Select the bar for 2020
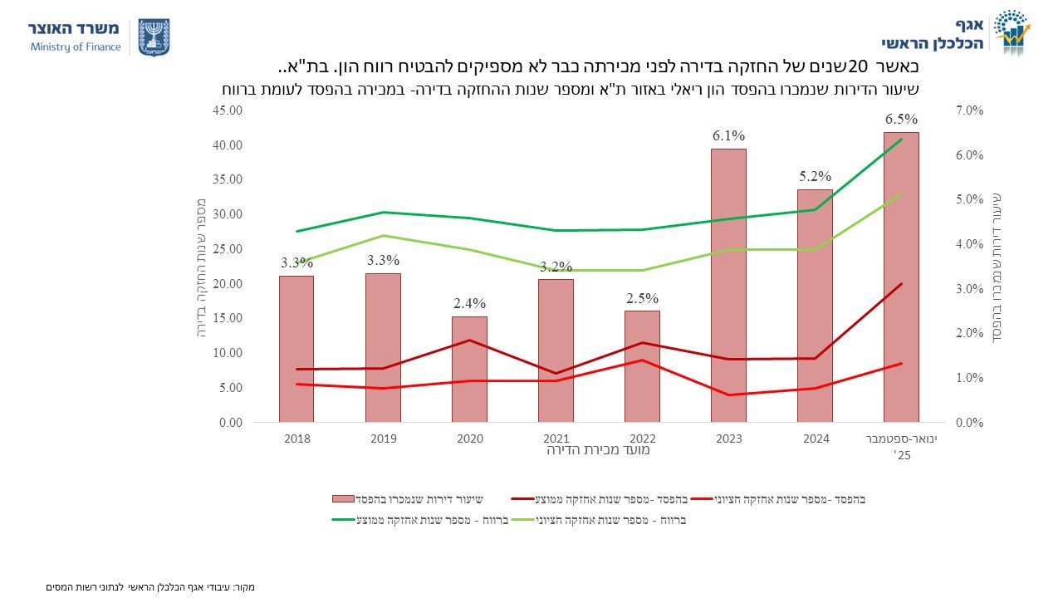(469, 369)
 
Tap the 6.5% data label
(901, 119)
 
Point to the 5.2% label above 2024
(815, 176)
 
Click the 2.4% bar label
(469, 303)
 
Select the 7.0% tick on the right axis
(967, 110)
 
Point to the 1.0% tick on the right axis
(967, 378)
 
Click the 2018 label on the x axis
(296, 438)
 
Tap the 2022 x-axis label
(642, 438)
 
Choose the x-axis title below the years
(598, 451)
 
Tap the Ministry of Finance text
(76, 47)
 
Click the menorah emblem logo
(154, 37)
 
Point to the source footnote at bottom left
(150, 587)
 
